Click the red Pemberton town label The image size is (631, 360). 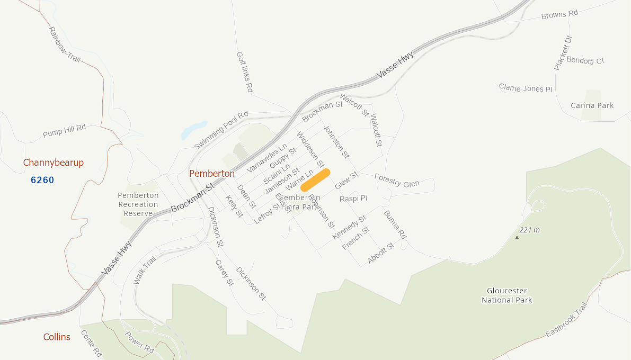(x=212, y=173)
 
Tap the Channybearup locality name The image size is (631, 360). (x=54, y=163)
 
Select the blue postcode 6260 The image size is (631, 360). (x=42, y=180)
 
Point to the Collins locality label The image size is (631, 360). (x=57, y=337)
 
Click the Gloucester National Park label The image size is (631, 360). (x=506, y=295)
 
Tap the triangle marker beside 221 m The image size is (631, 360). (x=517, y=237)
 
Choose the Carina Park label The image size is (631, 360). (x=592, y=105)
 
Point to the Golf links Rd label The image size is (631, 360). (x=244, y=73)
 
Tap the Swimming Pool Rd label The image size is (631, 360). (x=221, y=130)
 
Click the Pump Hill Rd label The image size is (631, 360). (x=64, y=131)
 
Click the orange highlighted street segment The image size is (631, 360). (x=316, y=179)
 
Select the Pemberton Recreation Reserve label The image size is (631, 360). (x=138, y=204)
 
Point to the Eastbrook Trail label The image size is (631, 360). (x=567, y=321)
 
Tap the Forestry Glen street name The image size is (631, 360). (x=396, y=180)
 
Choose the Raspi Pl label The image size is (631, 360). (x=353, y=199)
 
